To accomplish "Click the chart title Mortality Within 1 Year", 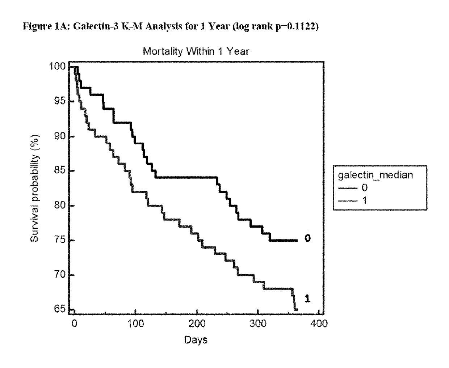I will [196, 51].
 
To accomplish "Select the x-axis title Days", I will [196, 340].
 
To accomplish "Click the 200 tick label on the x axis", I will [197, 323].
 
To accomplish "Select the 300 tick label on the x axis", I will [258, 323].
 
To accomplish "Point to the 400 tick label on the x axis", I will [319, 323].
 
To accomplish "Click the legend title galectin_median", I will [375, 175].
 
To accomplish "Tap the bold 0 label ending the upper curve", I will [307, 238].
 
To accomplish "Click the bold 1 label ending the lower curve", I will [307, 299].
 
